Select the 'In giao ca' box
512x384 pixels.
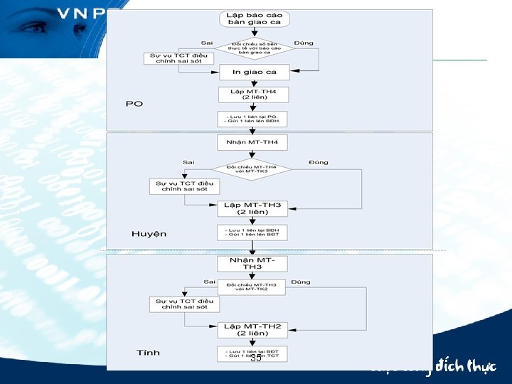[254, 72]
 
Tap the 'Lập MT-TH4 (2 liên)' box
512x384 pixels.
[253, 95]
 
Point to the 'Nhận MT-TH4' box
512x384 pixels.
[252, 142]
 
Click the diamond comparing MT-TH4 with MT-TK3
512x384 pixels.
[252, 170]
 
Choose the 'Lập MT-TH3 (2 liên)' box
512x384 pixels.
[252, 208]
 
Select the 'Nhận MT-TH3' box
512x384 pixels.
[252, 263]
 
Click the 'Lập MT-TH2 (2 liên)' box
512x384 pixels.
[252, 329]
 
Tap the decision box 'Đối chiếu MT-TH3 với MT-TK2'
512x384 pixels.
[251, 287]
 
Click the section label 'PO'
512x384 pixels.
[134, 104]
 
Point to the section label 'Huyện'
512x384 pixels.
[149, 234]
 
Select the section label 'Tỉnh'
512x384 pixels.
[148, 353]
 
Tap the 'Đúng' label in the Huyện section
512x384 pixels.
[319, 162]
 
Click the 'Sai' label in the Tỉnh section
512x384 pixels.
[209, 282]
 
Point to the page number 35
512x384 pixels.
[256, 358]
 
